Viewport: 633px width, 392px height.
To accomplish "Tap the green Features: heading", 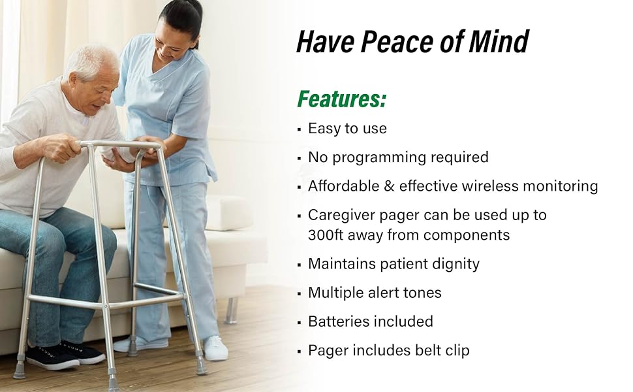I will click(x=341, y=99).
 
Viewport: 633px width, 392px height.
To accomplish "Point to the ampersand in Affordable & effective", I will click(x=390, y=186).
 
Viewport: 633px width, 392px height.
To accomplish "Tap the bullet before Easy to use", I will click(x=299, y=129).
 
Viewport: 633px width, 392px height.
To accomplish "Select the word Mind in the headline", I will click(x=502, y=42).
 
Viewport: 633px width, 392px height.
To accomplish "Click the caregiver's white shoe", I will click(x=215, y=348).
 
